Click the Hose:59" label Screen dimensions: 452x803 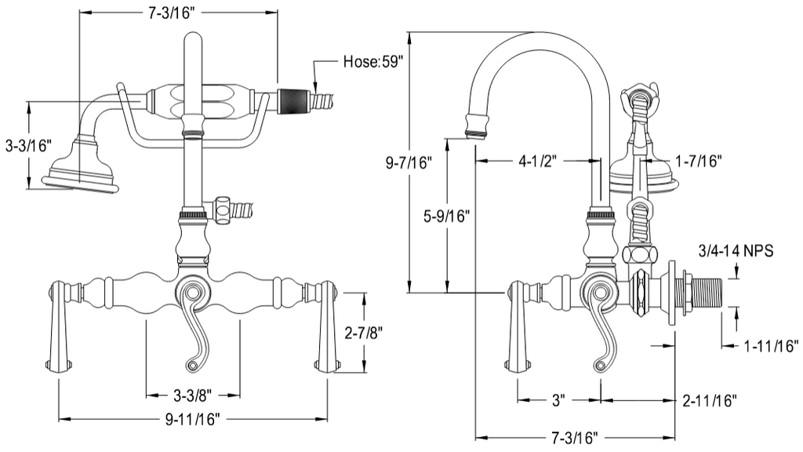click(372, 62)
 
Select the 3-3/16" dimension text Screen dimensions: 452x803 click(27, 145)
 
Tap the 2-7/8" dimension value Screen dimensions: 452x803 click(365, 334)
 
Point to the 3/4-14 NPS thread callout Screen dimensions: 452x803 click(736, 251)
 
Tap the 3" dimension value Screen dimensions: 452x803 click(558, 400)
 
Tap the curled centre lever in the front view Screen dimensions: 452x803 click(192, 322)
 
